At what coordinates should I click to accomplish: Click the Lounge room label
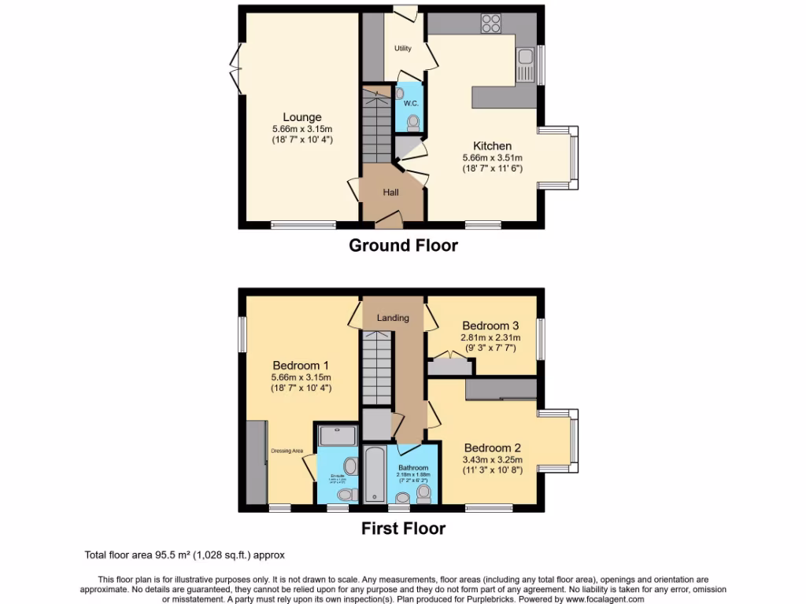tap(298, 118)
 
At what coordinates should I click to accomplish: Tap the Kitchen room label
tap(492, 145)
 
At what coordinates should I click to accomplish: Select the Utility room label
tap(403, 49)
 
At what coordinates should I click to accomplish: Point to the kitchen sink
tap(525, 62)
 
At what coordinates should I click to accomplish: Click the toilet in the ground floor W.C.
tap(414, 122)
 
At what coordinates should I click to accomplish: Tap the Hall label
tap(391, 192)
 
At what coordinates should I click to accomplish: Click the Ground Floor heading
tap(403, 245)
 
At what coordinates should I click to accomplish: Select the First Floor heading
tap(403, 528)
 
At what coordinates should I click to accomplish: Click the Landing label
tap(393, 318)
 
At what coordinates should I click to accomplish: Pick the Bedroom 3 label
tap(490, 326)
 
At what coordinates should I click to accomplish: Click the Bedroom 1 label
tap(301, 365)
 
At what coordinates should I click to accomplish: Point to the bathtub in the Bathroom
tap(375, 474)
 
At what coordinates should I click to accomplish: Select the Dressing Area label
tap(287, 451)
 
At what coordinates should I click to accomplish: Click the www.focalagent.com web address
tap(599, 598)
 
